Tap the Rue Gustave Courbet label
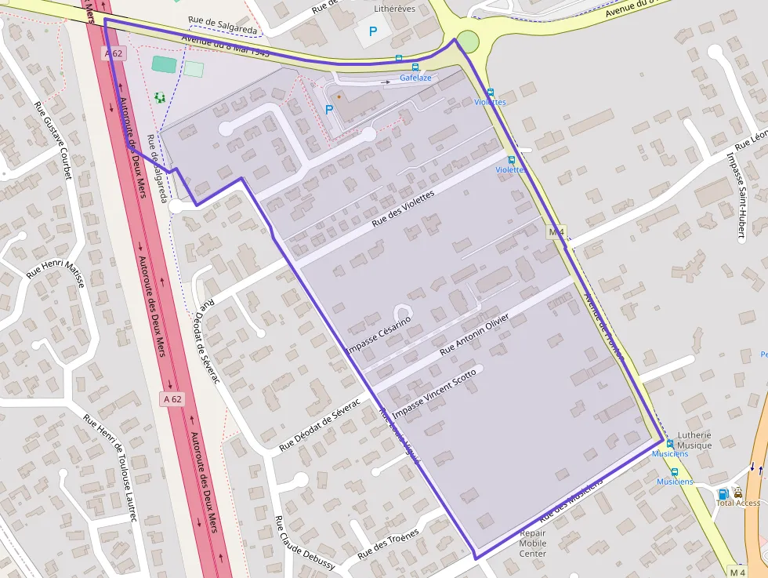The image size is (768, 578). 53,140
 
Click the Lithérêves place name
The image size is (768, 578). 395,9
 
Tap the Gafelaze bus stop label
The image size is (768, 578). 415,78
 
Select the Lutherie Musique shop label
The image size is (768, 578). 694,440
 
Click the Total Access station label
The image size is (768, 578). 737,503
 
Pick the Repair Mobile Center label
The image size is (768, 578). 533,543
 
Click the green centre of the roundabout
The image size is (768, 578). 467,41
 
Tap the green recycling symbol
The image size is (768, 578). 160,97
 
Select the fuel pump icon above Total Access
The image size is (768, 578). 723,493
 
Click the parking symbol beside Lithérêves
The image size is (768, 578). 373,32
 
